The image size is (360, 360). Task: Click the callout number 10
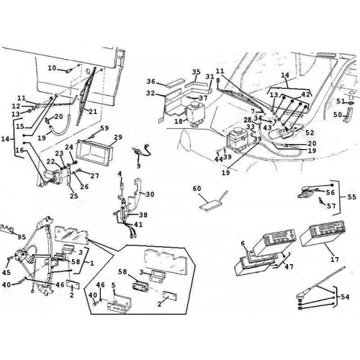(52, 68)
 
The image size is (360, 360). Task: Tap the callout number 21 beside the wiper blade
(93, 112)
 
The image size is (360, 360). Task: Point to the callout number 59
(104, 128)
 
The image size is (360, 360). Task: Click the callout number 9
(139, 166)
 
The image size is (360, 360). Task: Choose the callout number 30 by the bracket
(150, 194)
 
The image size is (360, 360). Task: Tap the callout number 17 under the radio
(335, 259)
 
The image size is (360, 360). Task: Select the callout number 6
(243, 243)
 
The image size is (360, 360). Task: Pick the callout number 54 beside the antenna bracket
(345, 297)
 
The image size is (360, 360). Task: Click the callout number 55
(351, 197)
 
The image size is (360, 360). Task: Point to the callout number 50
(338, 114)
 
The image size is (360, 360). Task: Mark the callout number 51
(341, 102)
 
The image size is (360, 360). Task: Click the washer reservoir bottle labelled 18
(196, 112)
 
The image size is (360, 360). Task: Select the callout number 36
(151, 81)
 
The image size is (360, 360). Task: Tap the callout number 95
(22, 237)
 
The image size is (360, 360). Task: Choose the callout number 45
(6, 272)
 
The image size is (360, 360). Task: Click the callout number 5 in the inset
(114, 285)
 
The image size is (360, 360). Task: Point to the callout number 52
(310, 132)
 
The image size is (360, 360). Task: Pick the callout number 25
(74, 196)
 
